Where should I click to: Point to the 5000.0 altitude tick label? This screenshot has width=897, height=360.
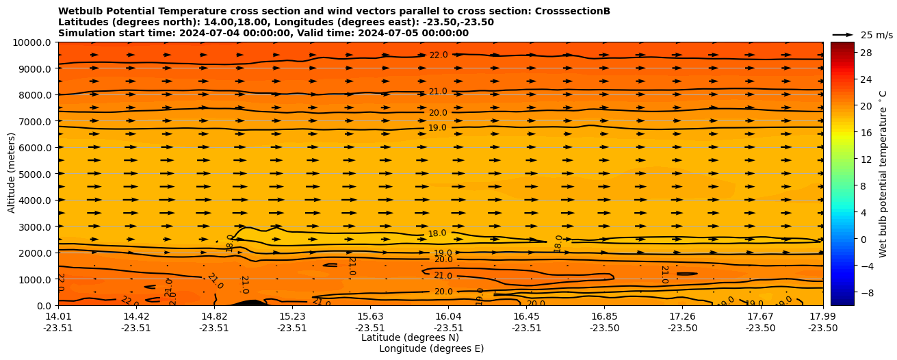click(x=35, y=174)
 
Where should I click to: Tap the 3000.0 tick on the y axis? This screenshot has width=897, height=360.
click(x=35, y=227)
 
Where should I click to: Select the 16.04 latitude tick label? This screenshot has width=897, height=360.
click(x=448, y=316)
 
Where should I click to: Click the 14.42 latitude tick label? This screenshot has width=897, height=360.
click(x=136, y=316)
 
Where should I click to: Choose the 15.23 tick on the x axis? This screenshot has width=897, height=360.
click(x=292, y=316)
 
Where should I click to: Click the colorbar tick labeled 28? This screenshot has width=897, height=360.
click(x=866, y=53)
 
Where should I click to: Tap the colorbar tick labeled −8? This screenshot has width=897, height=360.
click(x=866, y=292)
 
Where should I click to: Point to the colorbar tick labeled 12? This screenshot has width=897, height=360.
click(x=866, y=159)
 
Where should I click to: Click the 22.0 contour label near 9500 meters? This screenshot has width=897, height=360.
click(x=438, y=55)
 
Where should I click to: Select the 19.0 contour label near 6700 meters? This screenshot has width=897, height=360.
click(x=437, y=128)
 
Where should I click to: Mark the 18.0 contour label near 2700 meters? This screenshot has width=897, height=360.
click(x=437, y=233)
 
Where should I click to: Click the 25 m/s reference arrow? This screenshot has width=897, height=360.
click(x=843, y=35)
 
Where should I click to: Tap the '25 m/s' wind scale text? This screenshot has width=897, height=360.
click(x=876, y=35)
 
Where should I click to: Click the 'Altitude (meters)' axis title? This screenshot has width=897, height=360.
click(x=12, y=174)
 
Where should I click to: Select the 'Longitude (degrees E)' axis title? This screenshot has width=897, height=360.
click(x=431, y=348)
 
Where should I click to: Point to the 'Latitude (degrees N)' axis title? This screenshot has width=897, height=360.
click(x=410, y=337)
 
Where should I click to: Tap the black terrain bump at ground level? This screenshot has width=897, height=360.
click(x=248, y=303)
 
